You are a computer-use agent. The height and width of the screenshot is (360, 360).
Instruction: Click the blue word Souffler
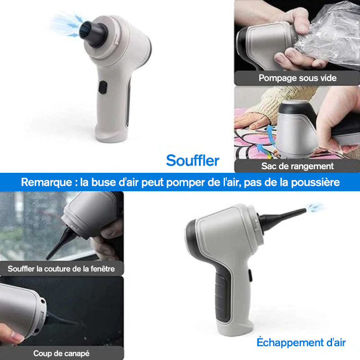pyautogui.click(x=193, y=160)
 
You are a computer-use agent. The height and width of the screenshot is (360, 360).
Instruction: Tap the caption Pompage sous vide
pyautogui.click(x=297, y=78)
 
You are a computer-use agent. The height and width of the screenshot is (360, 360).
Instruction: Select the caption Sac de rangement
pyautogui.click(x=297, y=166)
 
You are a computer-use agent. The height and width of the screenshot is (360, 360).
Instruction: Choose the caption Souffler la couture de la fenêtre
pyautogui.click(x=61, y=269)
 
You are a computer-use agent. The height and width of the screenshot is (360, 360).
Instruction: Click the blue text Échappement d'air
pyautogui.click(x=301, y=342)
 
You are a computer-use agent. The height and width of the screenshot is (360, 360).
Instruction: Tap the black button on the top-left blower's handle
pyautogui.click(x=103, y=87)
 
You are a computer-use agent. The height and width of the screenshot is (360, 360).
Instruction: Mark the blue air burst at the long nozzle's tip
pyautogui.click(x=315, y=207)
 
